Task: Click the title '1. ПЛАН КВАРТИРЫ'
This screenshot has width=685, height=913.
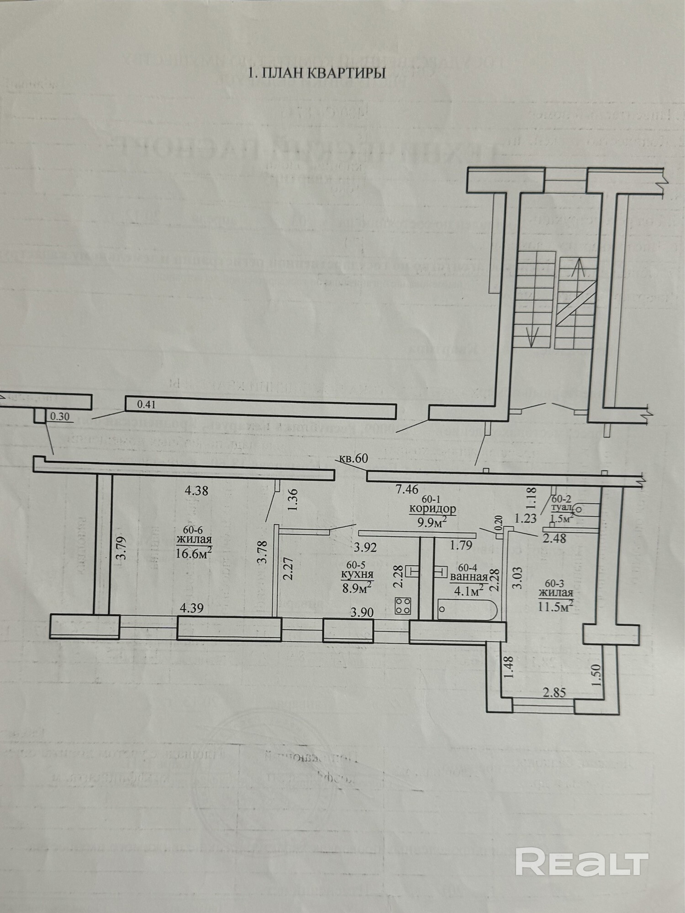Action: (x=316, y=73)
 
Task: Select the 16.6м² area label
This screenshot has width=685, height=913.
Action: (x=194, y=554)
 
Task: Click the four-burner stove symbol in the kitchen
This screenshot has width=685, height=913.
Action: (x=403, y=605)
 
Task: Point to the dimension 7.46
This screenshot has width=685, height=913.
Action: (x=407, y=489)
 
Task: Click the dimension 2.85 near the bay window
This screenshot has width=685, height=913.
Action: (x=554, y=693)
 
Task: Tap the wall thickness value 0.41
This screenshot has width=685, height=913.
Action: (x=147, y=404)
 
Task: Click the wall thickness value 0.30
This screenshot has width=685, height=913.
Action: (x=60, y=416)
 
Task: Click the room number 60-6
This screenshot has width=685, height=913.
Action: (x=192, y=530)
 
